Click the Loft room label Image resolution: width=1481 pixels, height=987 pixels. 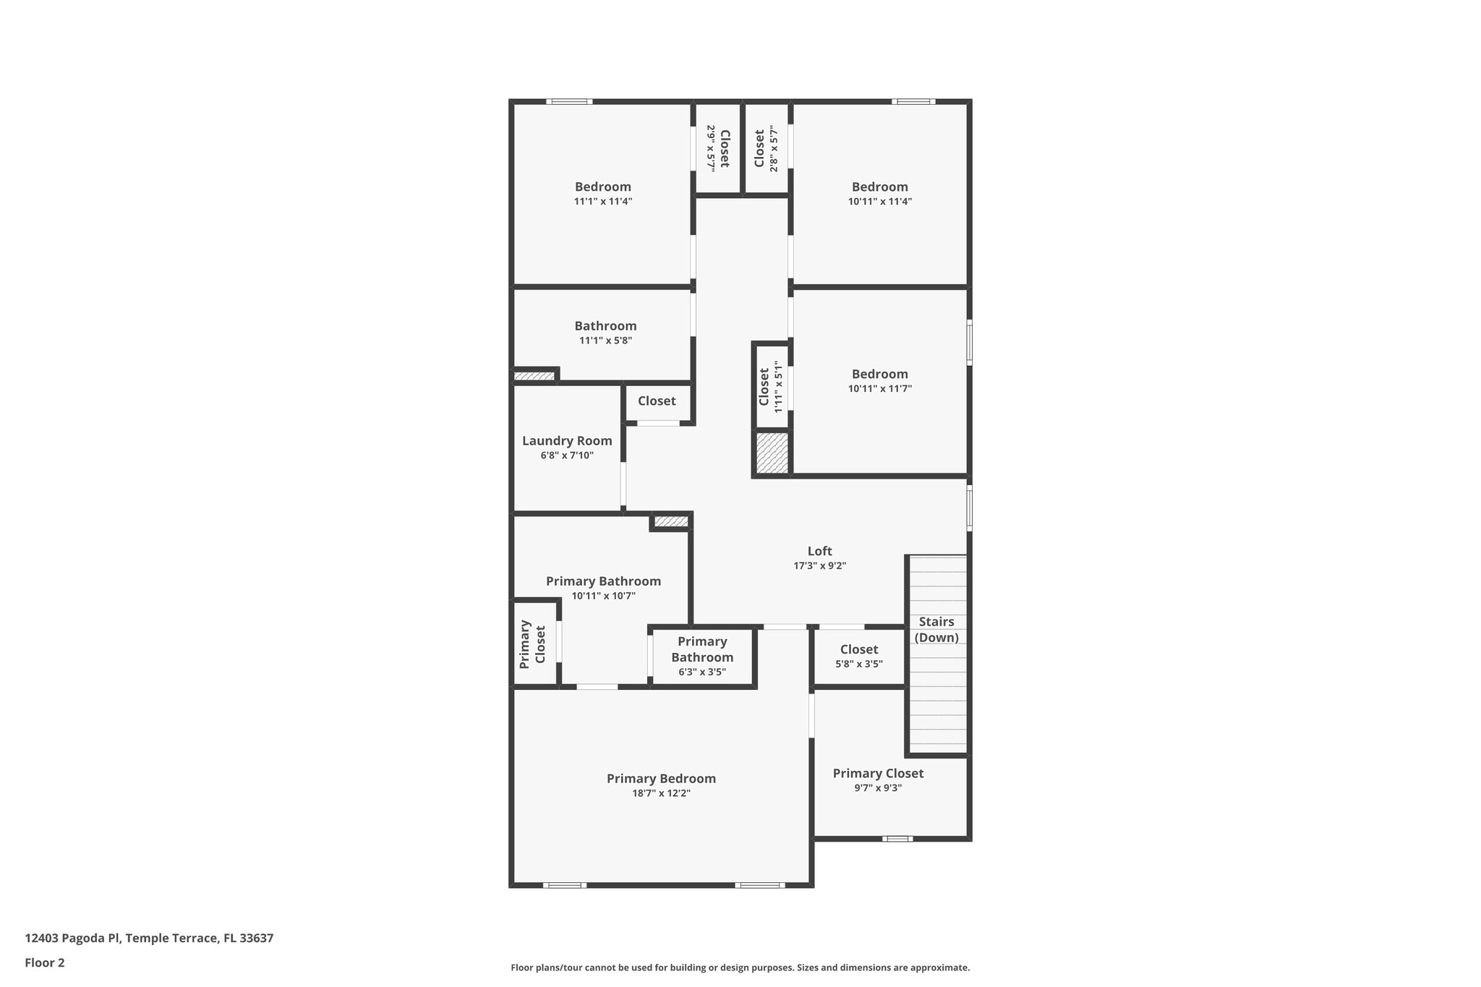[x=819, y=551]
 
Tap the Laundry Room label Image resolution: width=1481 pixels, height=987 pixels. [x=567, y=441]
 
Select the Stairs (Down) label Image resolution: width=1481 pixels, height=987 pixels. [x=936, y=629]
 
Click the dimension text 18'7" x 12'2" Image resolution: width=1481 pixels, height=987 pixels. [x=661, y=793]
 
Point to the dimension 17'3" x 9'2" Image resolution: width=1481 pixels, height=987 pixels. [x=819, y=566]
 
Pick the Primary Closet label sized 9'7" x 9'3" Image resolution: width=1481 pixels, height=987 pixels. [x=878, y=774]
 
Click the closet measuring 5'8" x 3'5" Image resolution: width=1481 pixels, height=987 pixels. [x=859, y=656]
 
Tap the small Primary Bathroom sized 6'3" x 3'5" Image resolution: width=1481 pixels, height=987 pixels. [x=702, y=657]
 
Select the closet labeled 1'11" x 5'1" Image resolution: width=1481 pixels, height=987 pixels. [x=770, y=387]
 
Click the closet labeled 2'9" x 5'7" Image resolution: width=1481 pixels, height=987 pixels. [x=718, y=148]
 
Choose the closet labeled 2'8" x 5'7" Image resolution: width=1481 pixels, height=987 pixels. [x=766, y=148]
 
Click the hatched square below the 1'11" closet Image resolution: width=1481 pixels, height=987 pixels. [x=772, y=453]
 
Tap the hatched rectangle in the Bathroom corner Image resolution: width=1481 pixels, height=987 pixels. [x=534, y=376]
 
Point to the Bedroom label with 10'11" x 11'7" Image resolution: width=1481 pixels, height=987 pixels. [x=879, y=375]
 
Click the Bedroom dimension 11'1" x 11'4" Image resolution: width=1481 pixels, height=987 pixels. [x=603, y=202]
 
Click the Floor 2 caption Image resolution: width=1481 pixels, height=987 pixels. [x=45, y=962]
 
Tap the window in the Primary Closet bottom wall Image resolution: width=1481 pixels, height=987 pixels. [x=897, y=839]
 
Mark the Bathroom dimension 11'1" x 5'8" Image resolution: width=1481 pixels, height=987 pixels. [x=605, y=341]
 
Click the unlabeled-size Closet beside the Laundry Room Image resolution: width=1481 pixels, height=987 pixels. [x=657, y=401]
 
